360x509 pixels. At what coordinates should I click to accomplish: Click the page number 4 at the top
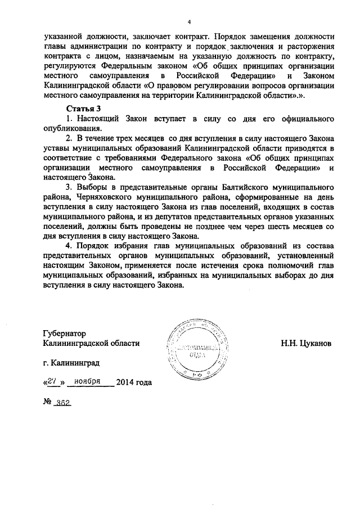190,22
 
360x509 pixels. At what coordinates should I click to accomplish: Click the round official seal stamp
197,349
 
